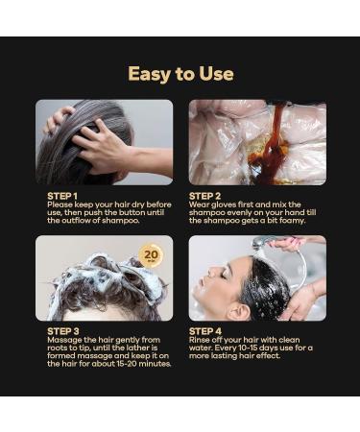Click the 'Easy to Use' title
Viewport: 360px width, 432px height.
coord(180,74)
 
